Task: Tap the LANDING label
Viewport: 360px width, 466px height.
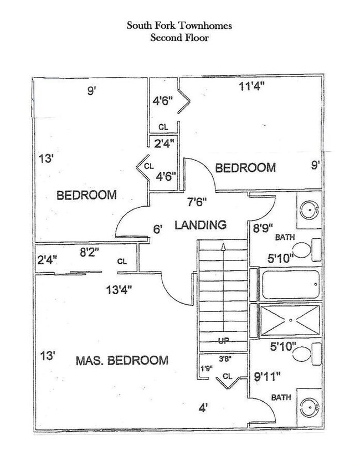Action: coord(200,225)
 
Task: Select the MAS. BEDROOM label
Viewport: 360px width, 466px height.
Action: coord(121,360)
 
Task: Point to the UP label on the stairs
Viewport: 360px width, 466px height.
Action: coord(224,340)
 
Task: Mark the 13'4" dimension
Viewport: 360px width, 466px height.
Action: coord(119,288)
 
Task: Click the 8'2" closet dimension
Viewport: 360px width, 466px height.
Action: coord(89,252)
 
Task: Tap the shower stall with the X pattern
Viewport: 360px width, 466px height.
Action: coord(290,320)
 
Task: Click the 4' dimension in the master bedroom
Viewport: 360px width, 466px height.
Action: coord(203,408)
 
